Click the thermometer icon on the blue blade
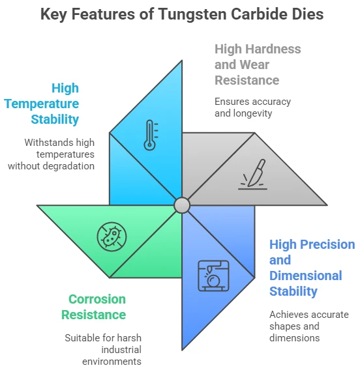(151, 135)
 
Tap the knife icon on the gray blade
(253, 175)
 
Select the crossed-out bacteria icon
(112, 236)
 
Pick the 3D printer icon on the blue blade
(213, 276)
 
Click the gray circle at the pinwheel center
(182, 205)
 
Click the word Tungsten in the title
(192, 14)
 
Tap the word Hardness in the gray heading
(273, 49)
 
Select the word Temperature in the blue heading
(42, 104)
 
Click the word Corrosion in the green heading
(97, 299)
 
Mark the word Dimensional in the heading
(306, 276)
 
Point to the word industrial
(121, 350)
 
